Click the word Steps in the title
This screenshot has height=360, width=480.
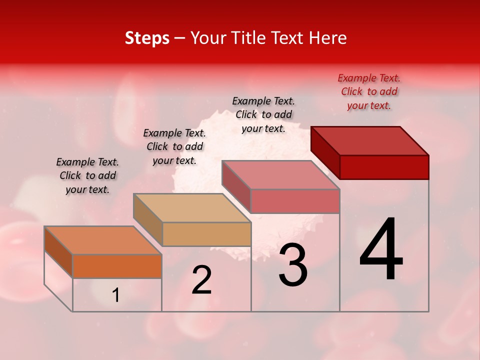coord(147,38)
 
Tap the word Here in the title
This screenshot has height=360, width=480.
coord(328,38)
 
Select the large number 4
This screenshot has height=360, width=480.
coord(381,250)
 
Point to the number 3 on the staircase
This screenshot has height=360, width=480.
coord(293,265)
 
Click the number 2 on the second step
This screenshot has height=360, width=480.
coord(201,280)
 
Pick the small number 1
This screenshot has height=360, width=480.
coord(115,295)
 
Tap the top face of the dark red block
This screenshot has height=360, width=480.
coord(370,140)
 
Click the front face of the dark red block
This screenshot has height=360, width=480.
coord(384,167)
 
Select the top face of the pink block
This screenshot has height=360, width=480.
coord(281,175)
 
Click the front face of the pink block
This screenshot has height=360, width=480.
coord(295,201)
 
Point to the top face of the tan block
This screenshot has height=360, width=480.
coord(192,208)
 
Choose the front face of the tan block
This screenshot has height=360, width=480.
coord(206,234)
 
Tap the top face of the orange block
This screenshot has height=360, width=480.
coord(103,240)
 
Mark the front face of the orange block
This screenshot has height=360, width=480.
coord(117,266)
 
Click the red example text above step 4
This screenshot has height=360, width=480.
coord(369,91)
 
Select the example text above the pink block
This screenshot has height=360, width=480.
coord(263,114)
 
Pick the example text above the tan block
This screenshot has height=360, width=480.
coord(174,146)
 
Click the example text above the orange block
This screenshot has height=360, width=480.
coord(87,175)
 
